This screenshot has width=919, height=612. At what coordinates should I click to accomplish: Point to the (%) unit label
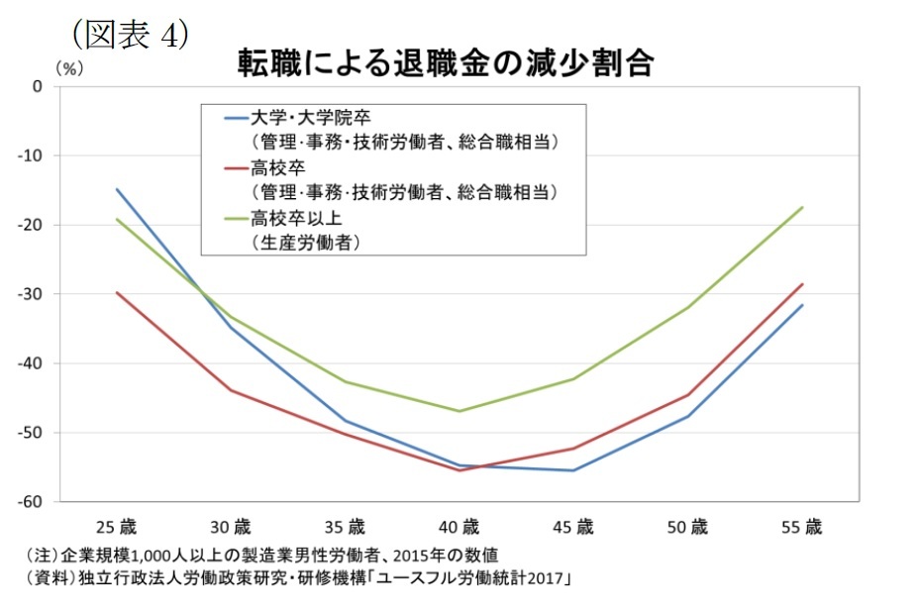click(x=70, y=68)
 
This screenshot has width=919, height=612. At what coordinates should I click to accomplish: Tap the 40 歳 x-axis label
click(x=459, y=526)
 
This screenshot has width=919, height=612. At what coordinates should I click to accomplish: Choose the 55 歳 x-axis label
click(x=801, y=526)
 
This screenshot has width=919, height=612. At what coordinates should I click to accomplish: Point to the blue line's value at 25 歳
click(x=118, y=189)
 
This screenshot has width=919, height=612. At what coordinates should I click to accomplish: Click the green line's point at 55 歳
click(x=802, y=208)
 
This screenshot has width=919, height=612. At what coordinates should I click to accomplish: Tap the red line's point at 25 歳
click(x=118, y=292)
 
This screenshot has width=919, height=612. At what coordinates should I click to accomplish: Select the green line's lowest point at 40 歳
click(x=459, y=411)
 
